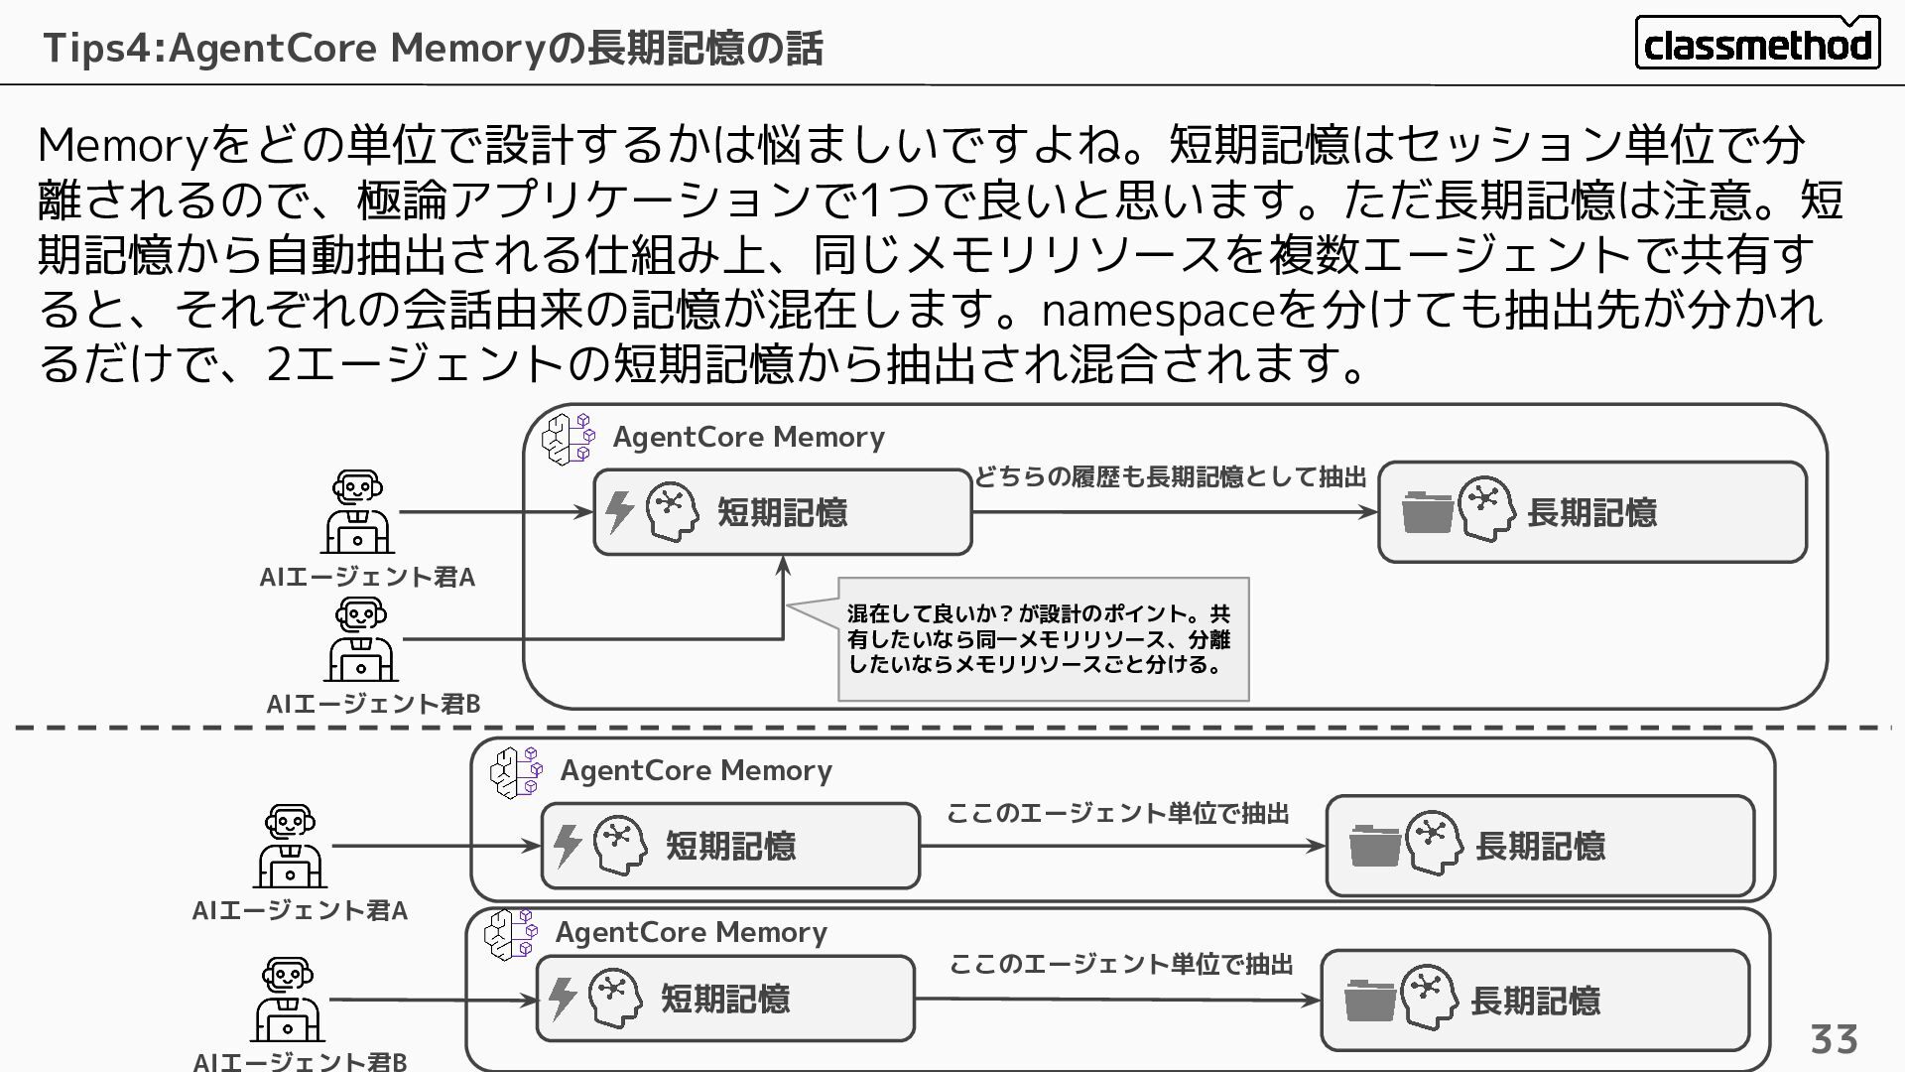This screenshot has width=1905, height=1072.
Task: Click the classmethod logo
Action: point(1756,44)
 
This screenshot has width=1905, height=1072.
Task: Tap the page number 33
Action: point(1834,1039)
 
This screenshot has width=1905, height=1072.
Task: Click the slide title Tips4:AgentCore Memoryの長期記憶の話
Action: point(433,48)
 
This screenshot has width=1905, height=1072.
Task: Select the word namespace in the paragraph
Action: point(1157,311)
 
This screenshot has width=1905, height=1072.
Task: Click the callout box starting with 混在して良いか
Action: point(1043,639)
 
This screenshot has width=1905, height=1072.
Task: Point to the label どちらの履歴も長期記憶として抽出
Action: point(1171,477)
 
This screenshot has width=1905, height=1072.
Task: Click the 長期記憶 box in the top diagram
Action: point(1591,512)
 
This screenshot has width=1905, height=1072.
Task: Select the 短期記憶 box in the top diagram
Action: point(782,512)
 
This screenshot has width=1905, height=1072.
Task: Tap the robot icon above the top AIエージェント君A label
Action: point(358,512)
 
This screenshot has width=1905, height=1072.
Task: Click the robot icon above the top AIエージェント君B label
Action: point(361,640)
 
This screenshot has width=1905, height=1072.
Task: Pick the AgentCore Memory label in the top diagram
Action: point(748,437)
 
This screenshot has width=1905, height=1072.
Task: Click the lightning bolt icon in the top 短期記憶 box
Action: point(619,512)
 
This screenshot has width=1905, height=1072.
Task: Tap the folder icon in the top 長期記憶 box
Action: point(1427,513)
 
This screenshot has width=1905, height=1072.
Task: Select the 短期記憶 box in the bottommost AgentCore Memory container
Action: point(725,999)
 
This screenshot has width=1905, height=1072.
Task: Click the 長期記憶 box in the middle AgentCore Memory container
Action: point(1540,846)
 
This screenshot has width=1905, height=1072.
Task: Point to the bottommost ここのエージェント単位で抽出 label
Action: point(1121,964)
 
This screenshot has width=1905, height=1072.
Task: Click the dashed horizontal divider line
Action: point(952,728)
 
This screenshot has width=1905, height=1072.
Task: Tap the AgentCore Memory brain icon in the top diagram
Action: point(569,439)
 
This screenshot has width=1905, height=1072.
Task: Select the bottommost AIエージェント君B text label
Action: point(300,1061)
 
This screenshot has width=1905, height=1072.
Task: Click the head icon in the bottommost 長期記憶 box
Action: point(1429,997)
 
